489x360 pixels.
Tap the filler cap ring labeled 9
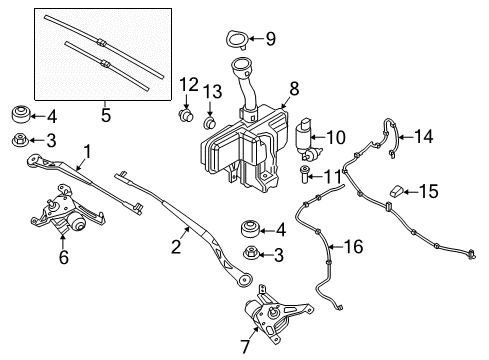pyautogui.click(x=236, y=40)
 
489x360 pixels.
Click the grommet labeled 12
pyautogui.click(x=186, y=117)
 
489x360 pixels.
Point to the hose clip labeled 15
pyautogui.click(x=397, y=188)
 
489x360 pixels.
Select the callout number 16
pyautogui.click(x=355, y=245)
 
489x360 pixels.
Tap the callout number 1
pyautogui.click(x=87, y=152)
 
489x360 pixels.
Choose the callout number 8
pyautogui.click(x=293, y=88)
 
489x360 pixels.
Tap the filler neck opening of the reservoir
pyautogui.click(x=240, y=67)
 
